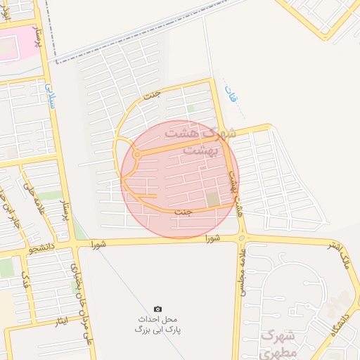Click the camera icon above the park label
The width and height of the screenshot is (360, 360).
[x=157, y=309]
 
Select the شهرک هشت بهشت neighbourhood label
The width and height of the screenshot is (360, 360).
[x=200, y=141]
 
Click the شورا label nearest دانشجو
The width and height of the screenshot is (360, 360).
[x=98, y=243]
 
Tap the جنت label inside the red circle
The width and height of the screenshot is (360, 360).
[x=183, y=212]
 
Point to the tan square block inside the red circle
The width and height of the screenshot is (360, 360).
[x=213, y=200]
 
